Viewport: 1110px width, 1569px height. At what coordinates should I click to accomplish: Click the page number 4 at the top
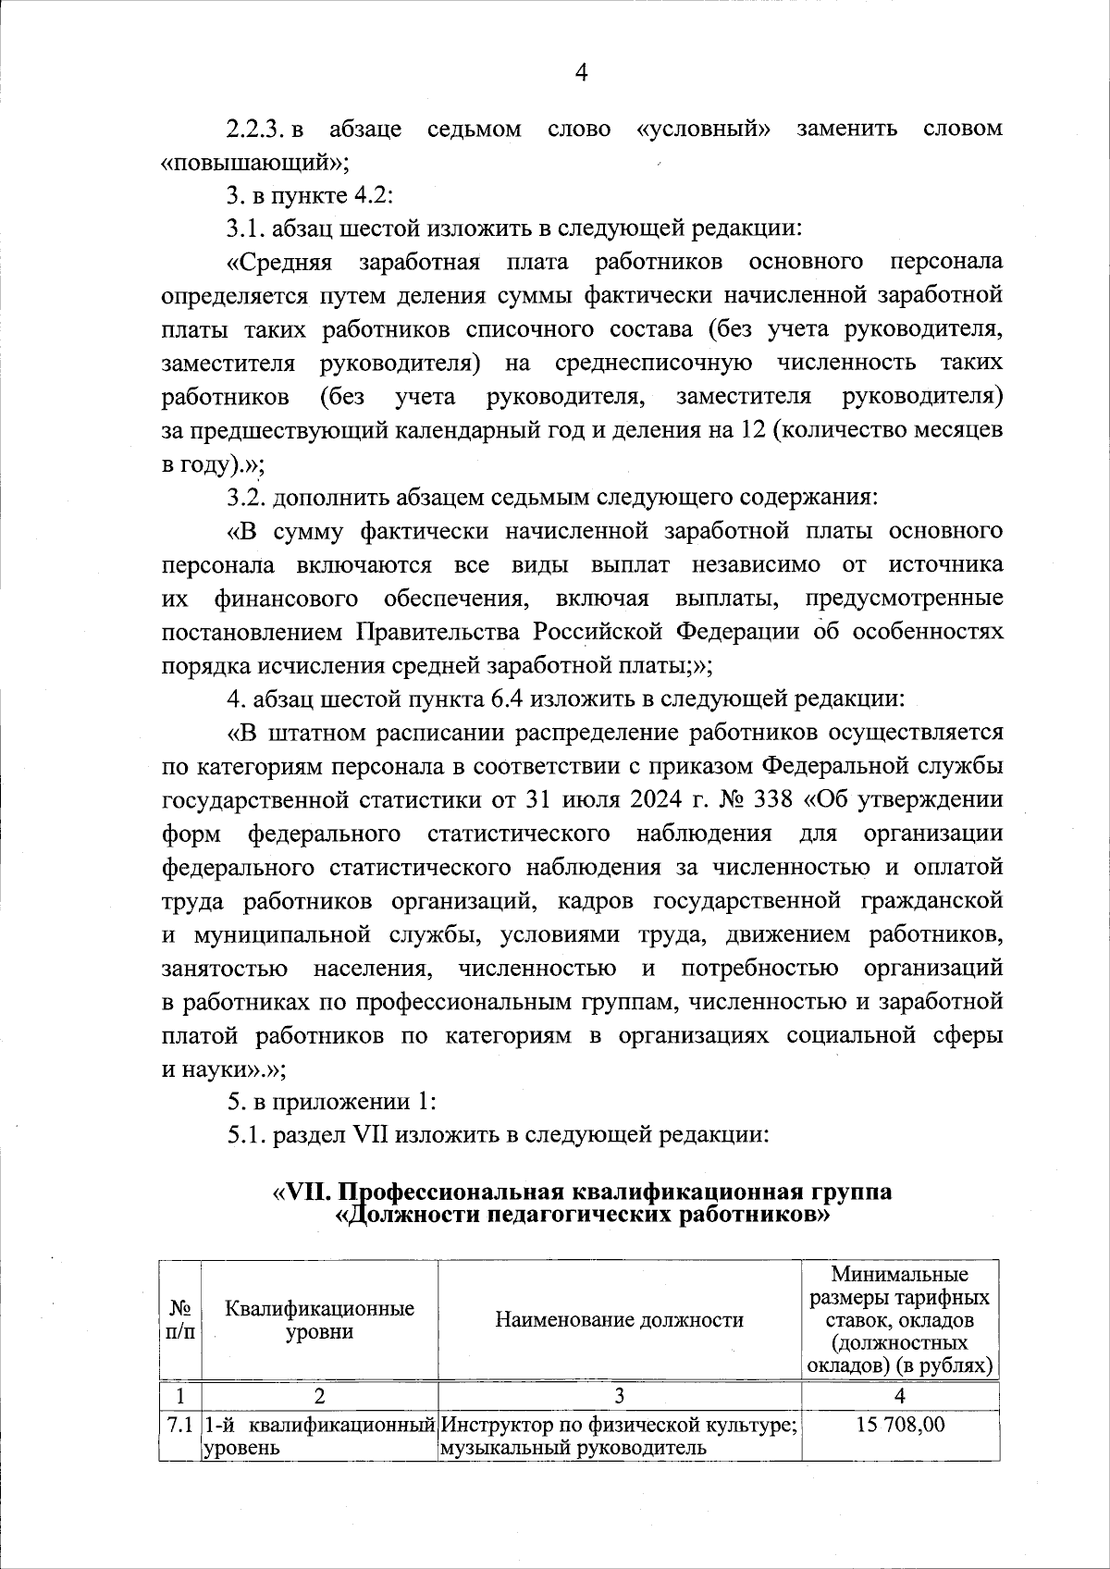click(581, 72)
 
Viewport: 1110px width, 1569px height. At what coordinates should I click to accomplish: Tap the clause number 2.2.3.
click(254, 129)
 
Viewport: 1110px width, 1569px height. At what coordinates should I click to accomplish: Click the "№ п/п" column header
click(180, 1320)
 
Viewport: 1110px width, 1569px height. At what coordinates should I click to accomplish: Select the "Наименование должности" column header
click(619, 1320)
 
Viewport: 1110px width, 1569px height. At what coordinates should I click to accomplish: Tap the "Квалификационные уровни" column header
click(319, 1320)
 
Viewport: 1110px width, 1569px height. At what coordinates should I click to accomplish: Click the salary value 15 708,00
click(900, 1426)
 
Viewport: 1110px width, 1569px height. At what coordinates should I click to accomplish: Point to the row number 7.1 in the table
click(179, 1426)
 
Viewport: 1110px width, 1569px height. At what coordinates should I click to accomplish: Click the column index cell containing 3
click(619, 1395)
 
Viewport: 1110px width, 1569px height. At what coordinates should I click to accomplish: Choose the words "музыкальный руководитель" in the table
click(573, 1448)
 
